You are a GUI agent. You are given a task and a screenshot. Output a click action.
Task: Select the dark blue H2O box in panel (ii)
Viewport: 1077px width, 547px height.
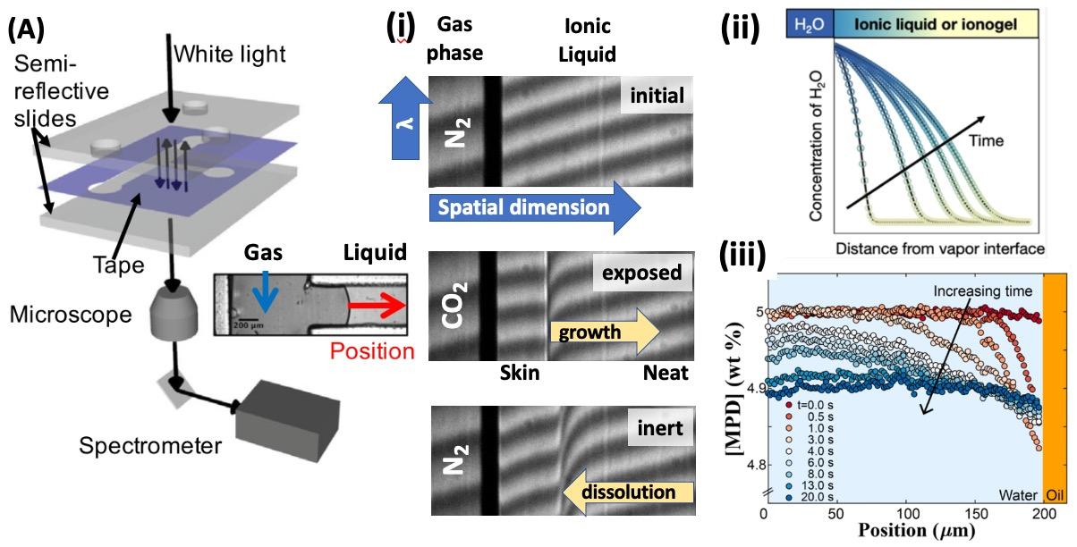click(809, 29)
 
